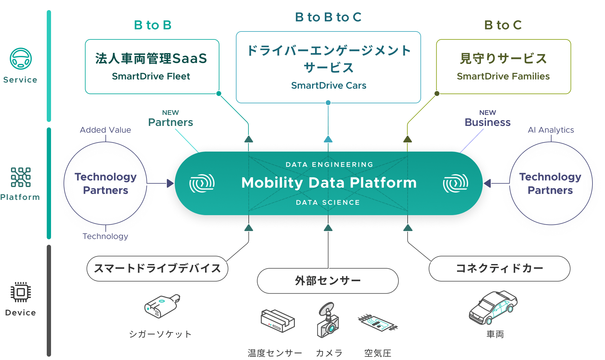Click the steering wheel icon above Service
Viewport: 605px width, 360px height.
[21, 58]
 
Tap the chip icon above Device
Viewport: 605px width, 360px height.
[21, 292]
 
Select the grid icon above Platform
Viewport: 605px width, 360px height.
[21, 177]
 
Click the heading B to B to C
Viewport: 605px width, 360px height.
[328, 17]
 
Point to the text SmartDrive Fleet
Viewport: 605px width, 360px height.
[151, 76]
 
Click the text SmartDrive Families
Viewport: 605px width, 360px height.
[503, 76]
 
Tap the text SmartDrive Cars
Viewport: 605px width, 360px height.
[328, 85]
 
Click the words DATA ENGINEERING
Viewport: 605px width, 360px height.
[329, 164]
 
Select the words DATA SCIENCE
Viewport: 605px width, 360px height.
[328, 202]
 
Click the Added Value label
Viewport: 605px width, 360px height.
[105, 130]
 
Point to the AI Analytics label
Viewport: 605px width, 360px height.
[551, 130]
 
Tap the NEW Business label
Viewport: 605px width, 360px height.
[488, 119]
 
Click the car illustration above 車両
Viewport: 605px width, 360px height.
[493, 307]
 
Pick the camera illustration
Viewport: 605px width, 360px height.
[328, 320]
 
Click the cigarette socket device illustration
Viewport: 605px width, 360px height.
[162, 306]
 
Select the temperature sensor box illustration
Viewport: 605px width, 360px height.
[277, 321]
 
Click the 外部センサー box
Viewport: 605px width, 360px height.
[328, 281]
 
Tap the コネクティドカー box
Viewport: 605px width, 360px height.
[500, 269]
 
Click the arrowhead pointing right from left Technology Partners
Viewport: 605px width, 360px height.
[170, 183]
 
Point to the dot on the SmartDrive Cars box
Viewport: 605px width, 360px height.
[328, 103]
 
